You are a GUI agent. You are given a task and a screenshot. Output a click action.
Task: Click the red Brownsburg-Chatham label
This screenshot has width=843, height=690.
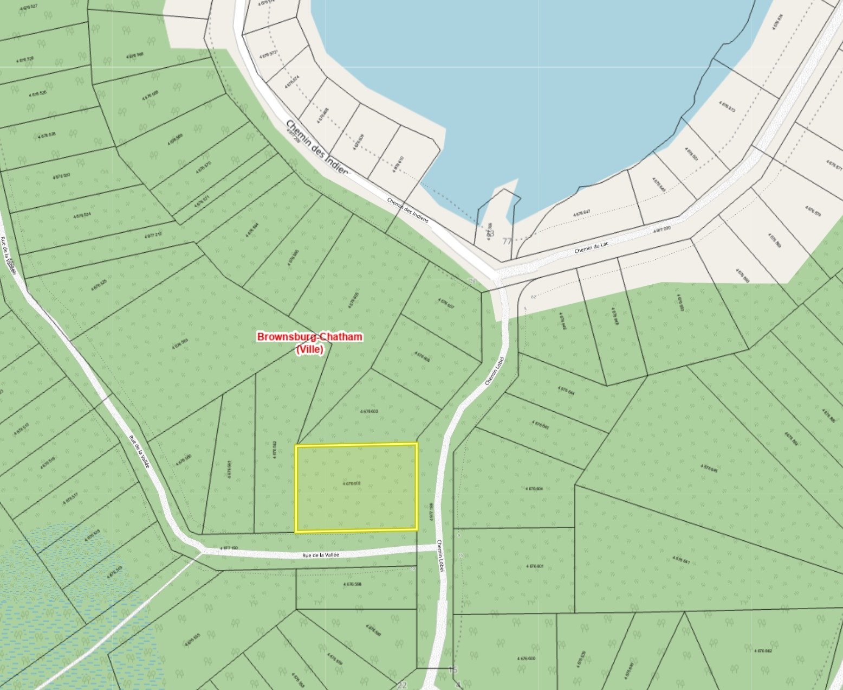tap(309, 337)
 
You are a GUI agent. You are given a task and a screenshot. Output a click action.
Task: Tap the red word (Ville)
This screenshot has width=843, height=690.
tap(309, 350)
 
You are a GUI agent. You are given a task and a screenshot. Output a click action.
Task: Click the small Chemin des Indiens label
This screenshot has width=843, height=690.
tap(407, 209)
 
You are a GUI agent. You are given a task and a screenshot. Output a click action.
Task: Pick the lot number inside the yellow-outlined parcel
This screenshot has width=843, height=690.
tap(352, 482)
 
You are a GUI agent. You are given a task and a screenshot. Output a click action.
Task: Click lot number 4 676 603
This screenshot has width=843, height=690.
tap(369, 411)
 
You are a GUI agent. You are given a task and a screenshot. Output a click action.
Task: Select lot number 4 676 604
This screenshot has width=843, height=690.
tap(534, 488)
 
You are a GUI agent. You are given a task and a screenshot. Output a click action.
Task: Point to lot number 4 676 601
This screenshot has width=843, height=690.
tap(534, 566)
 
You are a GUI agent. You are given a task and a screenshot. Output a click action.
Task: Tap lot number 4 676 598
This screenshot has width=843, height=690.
tap(352, 584)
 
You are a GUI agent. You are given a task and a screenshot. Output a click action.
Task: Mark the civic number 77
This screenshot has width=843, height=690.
tap(507, 241)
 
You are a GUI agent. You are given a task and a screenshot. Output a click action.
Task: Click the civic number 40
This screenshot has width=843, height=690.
tap(413, 568)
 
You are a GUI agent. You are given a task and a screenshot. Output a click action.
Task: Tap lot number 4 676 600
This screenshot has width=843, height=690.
tap(526, 658)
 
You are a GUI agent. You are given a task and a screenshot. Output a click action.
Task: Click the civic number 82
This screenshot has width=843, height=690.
tap(534, 297)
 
